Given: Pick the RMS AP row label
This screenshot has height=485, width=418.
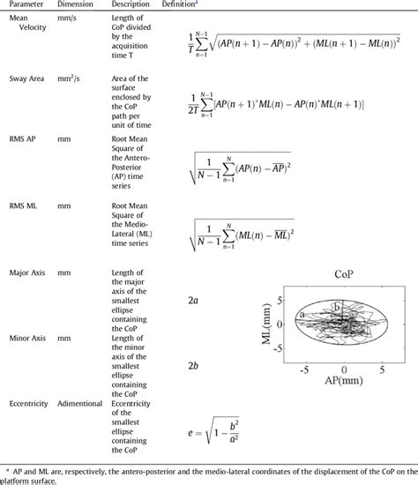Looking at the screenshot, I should pyautogui.click(x=20, y=138).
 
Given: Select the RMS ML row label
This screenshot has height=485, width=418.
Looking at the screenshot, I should pyautogui.click(x=20, y=205).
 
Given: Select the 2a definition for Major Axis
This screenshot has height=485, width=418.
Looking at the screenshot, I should pyautogui.click(x=193, y=300).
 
